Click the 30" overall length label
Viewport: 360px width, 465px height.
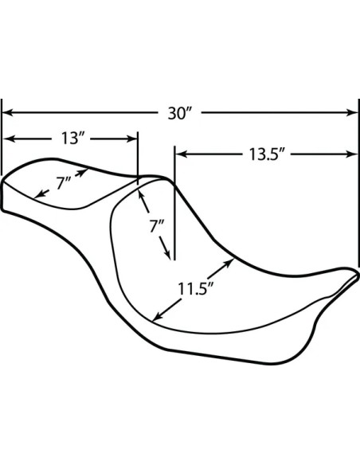click(180, 113)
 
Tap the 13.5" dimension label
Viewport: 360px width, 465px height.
click(267, 154)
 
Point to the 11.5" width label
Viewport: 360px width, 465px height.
click(196, 288)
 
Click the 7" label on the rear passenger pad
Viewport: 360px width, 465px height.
click(64, 182)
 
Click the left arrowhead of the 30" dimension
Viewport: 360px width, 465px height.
click(7, 113)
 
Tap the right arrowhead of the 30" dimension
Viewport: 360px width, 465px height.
click(353, 113)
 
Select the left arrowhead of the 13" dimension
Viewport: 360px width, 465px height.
click(7, 139)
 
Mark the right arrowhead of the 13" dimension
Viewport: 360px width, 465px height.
click(132, 139)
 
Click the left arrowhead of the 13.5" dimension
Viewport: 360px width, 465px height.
click(181, 154)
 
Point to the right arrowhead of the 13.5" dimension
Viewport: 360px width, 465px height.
click(353, 154)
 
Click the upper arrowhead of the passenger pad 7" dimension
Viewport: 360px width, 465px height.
click(84, 172)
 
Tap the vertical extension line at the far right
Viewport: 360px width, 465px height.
click(359, 182)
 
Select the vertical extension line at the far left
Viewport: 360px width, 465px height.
click(2, 137)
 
